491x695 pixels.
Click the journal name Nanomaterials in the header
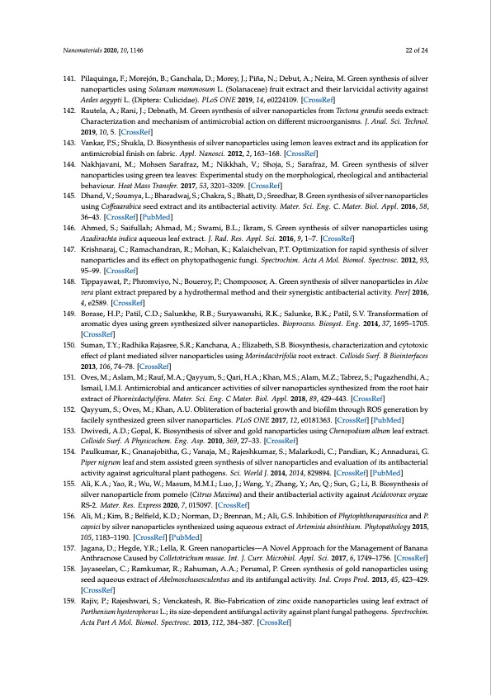(87, 50)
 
